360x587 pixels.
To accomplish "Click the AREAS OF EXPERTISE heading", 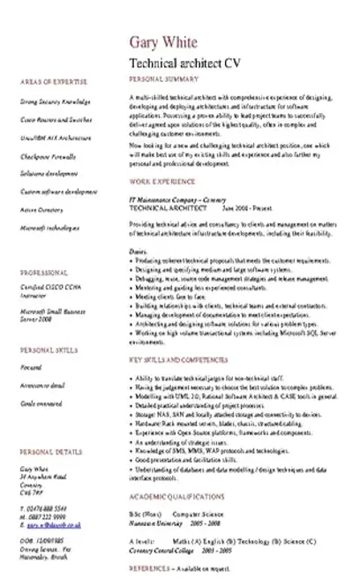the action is (41, 79).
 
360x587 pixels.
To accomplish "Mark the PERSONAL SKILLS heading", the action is (41, 349).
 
